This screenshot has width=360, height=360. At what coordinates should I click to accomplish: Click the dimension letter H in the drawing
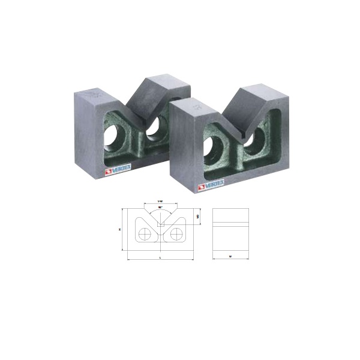(121, 229)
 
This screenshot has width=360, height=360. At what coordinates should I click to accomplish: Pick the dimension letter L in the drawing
(160, 257)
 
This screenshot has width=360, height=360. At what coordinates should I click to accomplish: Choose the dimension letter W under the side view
(230, 257)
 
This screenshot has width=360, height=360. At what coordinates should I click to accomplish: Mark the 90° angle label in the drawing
(160, 207)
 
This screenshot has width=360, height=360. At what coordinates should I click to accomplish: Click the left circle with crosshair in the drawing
(144, 235)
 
